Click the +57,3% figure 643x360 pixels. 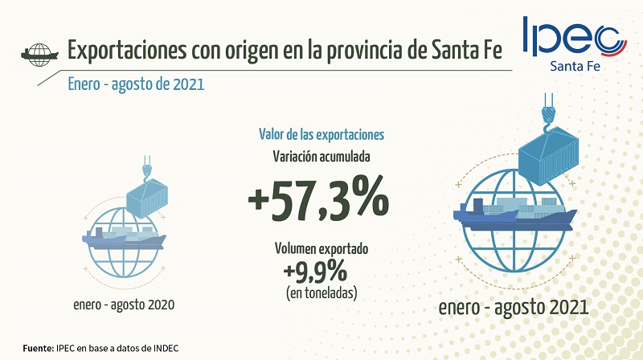point(321,198)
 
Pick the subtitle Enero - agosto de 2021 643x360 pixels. point(137,84)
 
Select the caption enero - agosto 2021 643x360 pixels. point(514,308)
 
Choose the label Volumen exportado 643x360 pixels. point(321,250)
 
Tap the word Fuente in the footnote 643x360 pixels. point(36,348)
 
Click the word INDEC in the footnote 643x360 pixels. point(163,348)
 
